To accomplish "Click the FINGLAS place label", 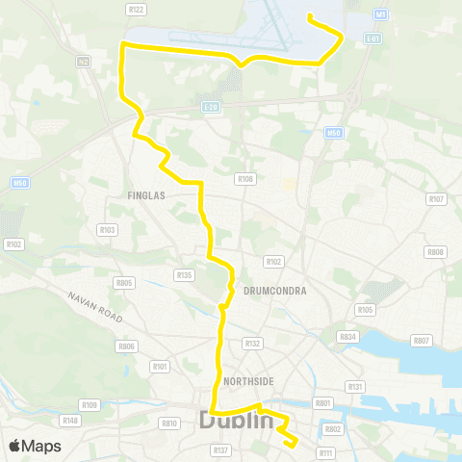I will [147, 194].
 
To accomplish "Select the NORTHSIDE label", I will [248, 381].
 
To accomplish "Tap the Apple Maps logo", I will [34, 446].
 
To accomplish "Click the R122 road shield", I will [136, 10].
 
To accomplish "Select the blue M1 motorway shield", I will [380, 15].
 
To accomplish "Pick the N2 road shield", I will [83, 62].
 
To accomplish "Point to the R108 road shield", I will [245, 179].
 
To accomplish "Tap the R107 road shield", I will [436, 199].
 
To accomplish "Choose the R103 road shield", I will [107, 230].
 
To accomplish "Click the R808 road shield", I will [436, 253].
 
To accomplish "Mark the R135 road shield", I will [185, 275].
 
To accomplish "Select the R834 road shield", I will [348, 337].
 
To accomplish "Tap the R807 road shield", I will [421, 341].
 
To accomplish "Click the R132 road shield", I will [253, 343].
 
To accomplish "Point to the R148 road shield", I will [69, 420].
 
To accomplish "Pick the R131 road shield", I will [355, 387].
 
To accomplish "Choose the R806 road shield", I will [126, 346].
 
